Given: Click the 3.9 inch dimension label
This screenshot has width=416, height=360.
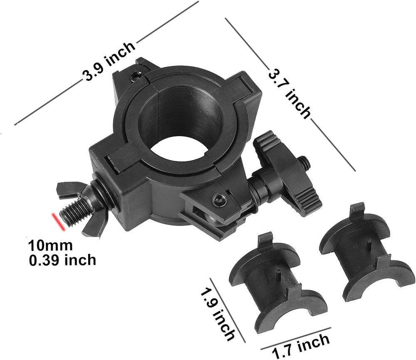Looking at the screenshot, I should tap(109, 62).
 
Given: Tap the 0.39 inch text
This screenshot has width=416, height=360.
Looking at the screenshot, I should tap(62, 261).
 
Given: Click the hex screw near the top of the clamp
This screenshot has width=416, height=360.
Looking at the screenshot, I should tap(134, 76).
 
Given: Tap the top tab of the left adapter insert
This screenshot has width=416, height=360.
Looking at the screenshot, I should tap(265, 241).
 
